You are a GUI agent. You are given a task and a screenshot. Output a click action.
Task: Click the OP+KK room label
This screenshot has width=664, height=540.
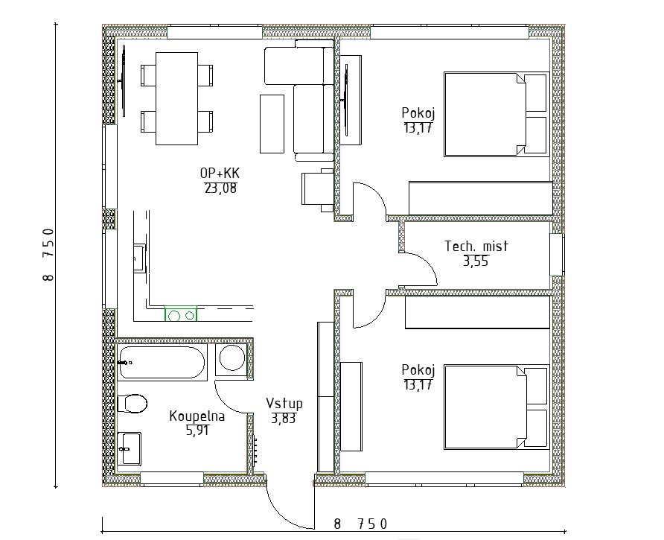coord(220,173)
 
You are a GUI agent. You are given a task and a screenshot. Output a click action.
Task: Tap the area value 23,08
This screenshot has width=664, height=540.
coord(220,188)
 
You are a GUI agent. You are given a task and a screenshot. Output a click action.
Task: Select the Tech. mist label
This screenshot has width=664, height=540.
coord(476,246)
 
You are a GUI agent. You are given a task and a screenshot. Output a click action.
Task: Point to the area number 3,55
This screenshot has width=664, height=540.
coord(476,261)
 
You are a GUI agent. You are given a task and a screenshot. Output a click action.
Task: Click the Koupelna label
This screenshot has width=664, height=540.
coord(197,416)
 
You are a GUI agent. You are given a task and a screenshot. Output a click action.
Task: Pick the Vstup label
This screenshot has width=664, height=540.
coord(284,403)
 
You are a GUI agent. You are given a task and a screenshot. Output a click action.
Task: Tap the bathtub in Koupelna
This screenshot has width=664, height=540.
coord(162,362)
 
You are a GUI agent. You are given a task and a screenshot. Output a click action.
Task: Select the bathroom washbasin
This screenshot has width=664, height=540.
coord(130,448)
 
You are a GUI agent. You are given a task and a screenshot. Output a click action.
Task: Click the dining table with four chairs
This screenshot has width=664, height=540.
coord(176,98)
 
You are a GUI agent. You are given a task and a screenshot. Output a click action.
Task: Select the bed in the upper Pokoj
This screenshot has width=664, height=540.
coord(497,114)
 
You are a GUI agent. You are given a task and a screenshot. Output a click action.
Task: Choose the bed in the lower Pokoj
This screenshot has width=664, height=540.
coord(497,407)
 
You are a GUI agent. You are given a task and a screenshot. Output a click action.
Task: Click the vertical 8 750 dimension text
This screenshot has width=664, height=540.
coord(48,254)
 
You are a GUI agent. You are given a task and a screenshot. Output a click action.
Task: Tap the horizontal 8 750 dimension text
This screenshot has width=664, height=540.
coord(360,524)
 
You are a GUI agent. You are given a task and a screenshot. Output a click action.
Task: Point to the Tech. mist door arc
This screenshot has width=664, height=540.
coord(428,262)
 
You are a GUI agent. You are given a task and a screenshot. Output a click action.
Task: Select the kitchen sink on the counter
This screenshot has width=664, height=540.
coord(139,257)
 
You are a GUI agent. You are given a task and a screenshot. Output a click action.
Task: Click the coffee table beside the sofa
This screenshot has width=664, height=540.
coord(272,124)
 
